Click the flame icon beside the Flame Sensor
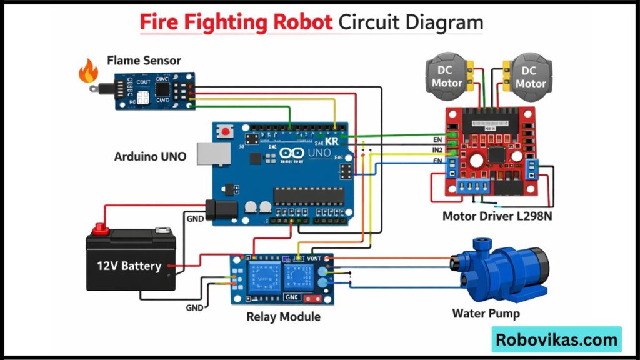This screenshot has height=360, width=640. click(88, 72)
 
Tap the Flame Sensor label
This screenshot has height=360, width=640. click(144, 61)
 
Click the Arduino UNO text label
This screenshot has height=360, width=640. click(150, 156)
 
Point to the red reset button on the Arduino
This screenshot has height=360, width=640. click(223, 132)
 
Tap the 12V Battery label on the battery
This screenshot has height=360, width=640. click(129, 266)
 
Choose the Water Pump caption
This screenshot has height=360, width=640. click(486, 313)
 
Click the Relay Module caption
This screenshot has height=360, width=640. click(283, 317)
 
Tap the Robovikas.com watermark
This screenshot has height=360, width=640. click(556, 340)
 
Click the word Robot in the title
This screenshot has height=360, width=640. click(302, 22)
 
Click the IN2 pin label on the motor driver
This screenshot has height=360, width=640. click(437, 150)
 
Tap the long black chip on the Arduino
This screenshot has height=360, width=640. click(309, 196)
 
